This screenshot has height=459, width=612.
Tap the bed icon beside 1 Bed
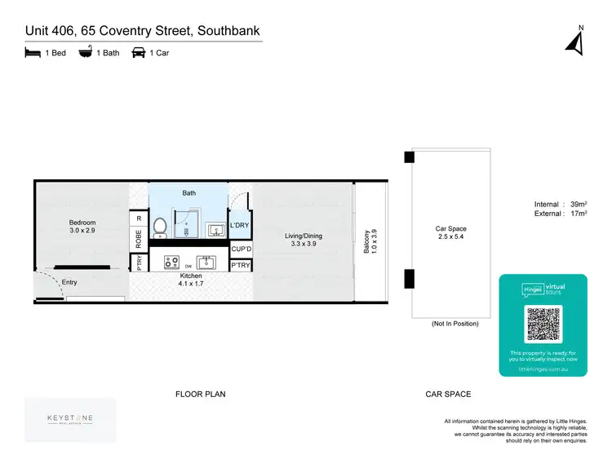pos(32,54)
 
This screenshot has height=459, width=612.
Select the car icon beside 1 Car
pos(138,54)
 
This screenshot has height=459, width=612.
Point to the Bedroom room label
pos(82,223)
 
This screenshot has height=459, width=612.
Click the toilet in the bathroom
pos(160,225)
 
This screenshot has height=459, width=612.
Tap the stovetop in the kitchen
pos(172,262)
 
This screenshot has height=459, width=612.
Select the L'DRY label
pos(240,225)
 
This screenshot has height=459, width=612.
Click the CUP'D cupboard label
pos(241,249)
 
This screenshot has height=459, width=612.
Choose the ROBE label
pos(139,237)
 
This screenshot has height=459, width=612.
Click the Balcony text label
pos(366,241)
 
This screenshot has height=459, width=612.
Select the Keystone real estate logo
pos(69,419)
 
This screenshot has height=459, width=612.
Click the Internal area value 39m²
pos(576,205)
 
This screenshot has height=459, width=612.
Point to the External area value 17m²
pos(576,214)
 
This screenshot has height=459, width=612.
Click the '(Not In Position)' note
pos(455,324)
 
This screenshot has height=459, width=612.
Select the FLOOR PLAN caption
pos(200,394)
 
